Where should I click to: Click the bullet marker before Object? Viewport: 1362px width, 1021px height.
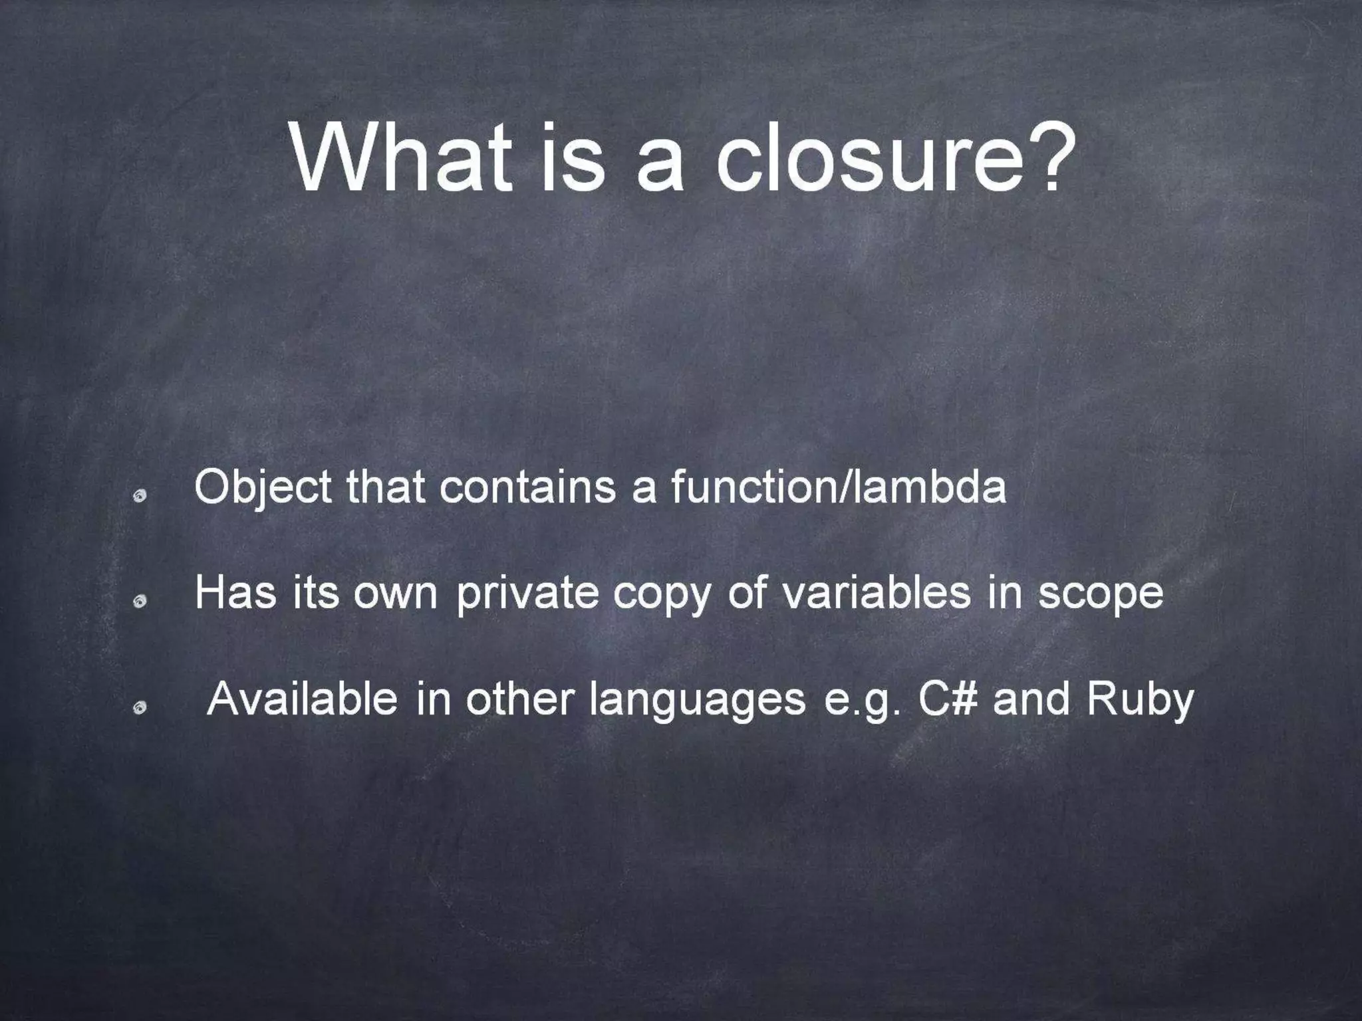(140, 496)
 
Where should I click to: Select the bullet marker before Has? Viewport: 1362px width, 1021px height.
(140, 602)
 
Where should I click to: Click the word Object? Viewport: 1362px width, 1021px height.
(263, 488)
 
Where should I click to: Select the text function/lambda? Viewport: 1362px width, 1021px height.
(839, 487)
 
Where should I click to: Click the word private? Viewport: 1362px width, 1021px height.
(527, 593)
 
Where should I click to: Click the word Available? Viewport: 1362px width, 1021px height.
(302, 699)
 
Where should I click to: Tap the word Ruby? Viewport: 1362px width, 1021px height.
(1140, 701)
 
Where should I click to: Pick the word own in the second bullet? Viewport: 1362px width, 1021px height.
(395, 594)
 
